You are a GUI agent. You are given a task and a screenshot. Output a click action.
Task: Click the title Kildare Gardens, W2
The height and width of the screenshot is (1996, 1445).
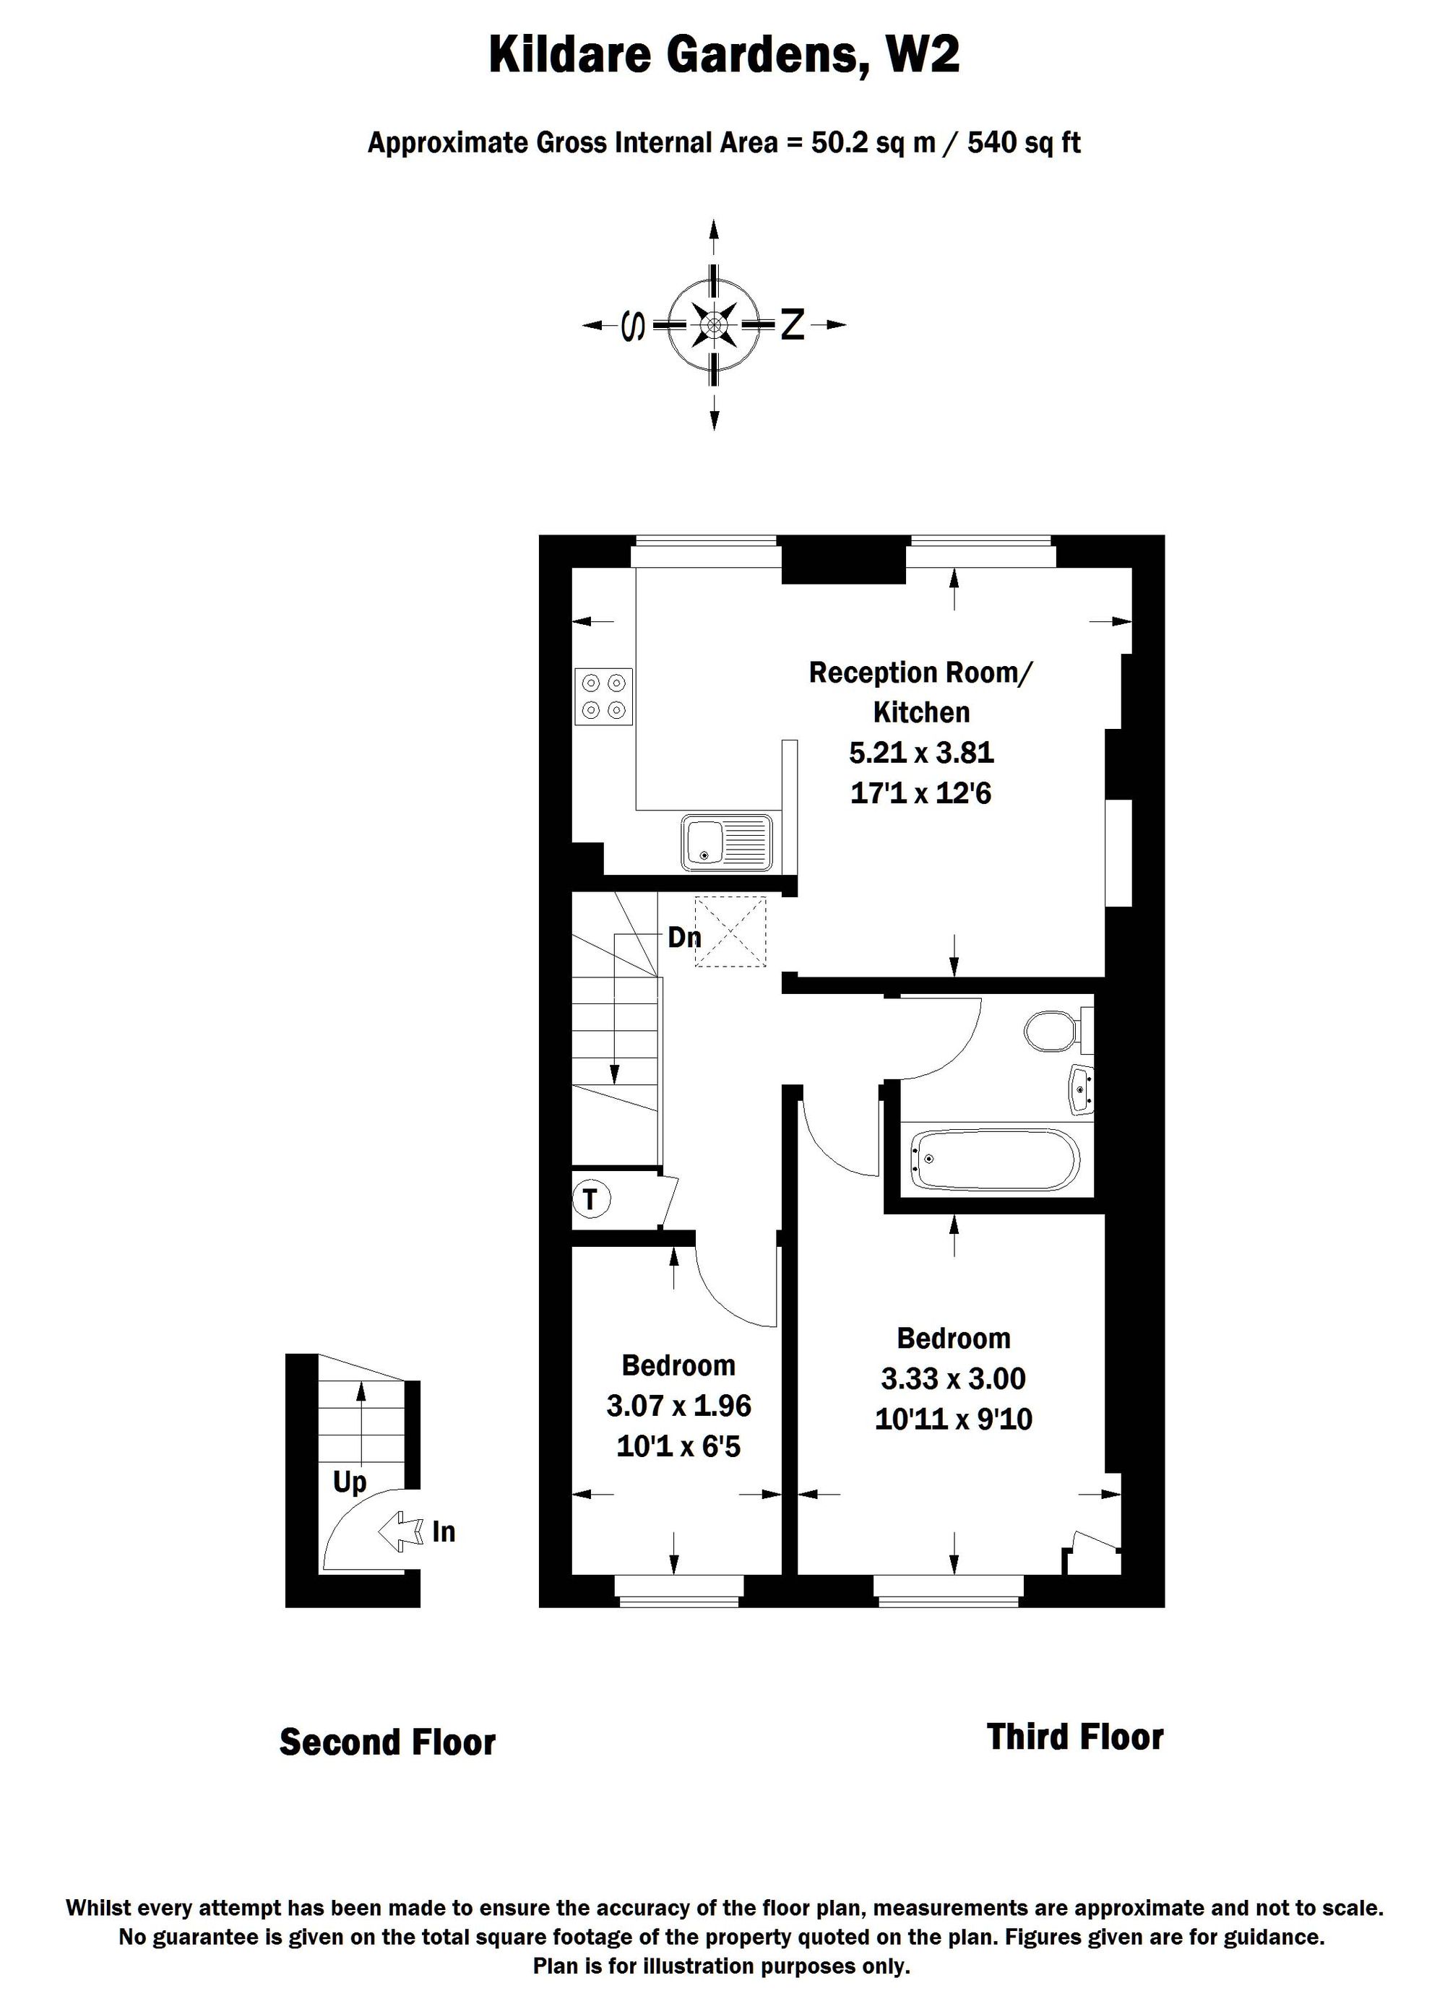coord(723,56)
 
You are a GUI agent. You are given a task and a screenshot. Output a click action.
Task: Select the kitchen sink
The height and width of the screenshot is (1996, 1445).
coord(726,842)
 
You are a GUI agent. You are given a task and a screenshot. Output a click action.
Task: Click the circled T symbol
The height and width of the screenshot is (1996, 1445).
coord(590,1198)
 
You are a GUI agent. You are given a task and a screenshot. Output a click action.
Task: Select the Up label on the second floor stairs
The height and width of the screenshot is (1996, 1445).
coord(350,1482)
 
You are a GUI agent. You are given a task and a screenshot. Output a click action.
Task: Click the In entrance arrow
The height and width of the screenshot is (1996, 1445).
coord(400,1532)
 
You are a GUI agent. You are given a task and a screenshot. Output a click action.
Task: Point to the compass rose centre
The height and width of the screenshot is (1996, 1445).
coord(714,326)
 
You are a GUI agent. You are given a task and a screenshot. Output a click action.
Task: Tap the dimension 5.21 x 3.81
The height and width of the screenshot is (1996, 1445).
coord(921,753)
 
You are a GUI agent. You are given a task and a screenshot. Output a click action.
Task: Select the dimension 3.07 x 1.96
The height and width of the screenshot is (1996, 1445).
coord(678,1406)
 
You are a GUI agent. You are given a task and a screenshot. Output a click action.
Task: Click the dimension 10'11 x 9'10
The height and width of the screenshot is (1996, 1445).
coord(954,1420)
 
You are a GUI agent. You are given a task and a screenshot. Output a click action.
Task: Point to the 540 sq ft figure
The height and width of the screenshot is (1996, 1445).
coord(1024,142)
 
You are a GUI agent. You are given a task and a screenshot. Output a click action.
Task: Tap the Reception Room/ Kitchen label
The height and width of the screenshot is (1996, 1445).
coord(921,693)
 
